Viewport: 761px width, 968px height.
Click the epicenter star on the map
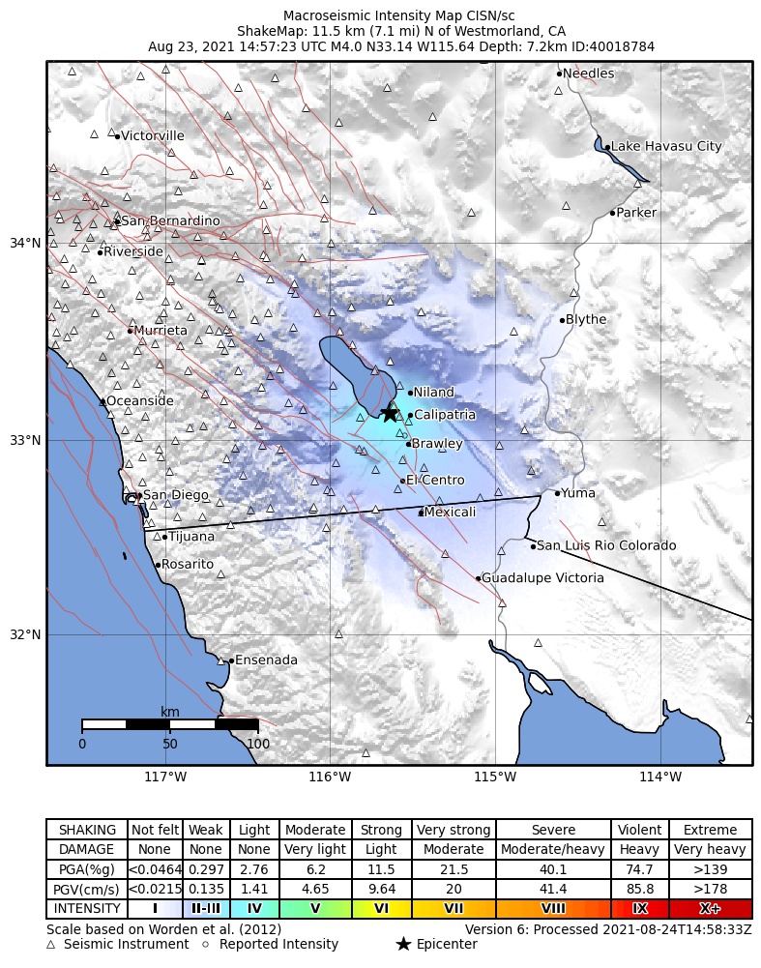[x=389, y=413]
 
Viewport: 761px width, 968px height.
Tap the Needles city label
[x=588, y=73]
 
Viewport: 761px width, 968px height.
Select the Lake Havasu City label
[x=666, y=147]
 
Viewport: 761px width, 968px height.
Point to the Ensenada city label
[x=266, y=660]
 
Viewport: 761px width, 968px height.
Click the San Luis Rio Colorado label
[x=606, y=546]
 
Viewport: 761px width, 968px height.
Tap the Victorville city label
[x=153, y=136]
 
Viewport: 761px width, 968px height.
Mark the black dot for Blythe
[x=562, y=320]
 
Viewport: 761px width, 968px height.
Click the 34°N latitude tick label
[x=26, y=243]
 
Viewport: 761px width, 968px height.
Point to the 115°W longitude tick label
[x=495, y=777]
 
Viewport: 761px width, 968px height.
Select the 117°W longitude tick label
[x=165, y=777]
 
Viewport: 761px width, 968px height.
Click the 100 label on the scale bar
[x=258, y=744]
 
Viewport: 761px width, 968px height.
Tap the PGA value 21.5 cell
[x=454, y=870]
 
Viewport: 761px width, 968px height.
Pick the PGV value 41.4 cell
[x=553, y=890]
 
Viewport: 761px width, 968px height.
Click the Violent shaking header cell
[x=639, y=831]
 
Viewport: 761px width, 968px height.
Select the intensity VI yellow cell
[x=381, y=909]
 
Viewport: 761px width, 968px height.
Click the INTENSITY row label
[x=87, y=909]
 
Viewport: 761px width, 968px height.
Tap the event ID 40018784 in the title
[x=620, y=46]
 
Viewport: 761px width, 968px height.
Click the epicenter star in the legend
[x=403, y=944]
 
